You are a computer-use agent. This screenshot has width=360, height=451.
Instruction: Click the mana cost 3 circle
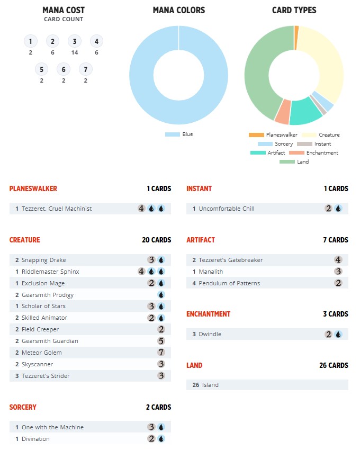75,41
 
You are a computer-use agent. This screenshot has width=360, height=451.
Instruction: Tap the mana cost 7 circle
85,69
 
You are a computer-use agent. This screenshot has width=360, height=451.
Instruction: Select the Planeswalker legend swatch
256,135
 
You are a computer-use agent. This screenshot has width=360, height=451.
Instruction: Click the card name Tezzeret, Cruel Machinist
57,209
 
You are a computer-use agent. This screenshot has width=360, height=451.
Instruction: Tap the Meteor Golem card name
42,353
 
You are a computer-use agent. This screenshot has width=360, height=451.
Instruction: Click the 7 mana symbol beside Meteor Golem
161,353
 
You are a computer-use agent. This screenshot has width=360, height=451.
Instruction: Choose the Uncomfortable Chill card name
227,209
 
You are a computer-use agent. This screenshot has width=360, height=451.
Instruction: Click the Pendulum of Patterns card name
229,283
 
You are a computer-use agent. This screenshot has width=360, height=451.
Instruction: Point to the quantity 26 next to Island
196,385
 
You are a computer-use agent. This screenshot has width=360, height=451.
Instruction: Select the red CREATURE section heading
24,240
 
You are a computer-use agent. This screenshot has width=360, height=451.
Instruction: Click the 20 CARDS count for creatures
157,240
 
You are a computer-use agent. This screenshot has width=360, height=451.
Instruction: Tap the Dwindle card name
210,334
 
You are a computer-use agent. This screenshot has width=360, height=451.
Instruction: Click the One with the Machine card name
52,427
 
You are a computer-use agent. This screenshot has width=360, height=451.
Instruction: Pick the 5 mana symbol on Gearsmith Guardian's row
161,341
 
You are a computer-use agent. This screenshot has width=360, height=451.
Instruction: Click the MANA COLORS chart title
178,11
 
